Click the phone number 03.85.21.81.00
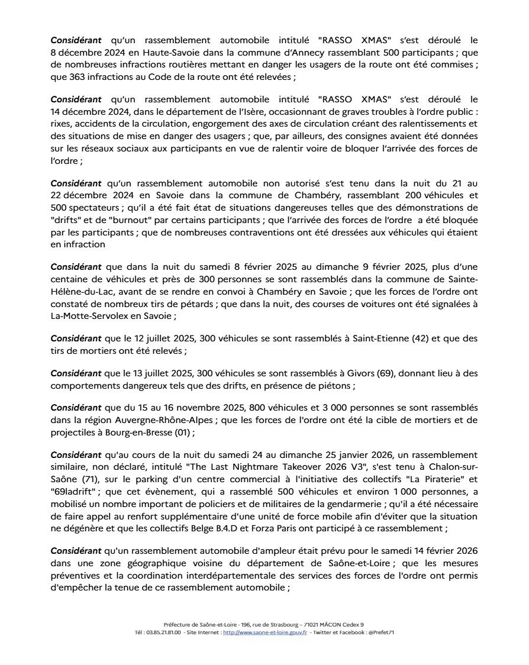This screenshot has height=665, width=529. point(161,632)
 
